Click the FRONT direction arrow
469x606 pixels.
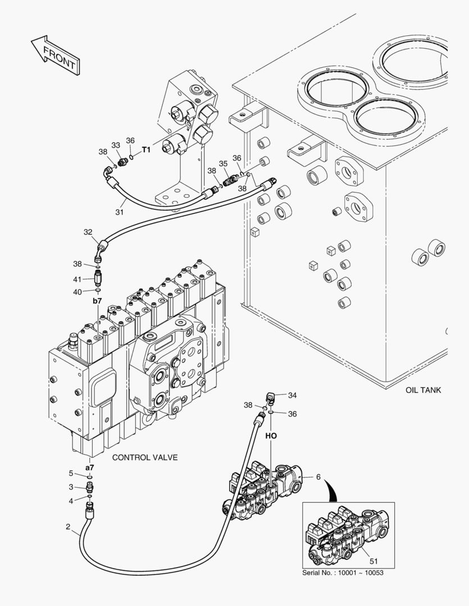(55, 56)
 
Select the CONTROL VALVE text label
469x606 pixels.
(145, 457)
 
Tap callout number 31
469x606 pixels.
(119, 212)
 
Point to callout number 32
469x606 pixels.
(88, 232)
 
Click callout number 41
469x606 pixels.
(78, 278)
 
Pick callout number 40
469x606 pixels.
(78, 291)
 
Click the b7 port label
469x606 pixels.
(97, 301)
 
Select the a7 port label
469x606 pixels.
(89, 467)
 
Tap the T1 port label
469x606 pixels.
(146, 150)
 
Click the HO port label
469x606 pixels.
(271, 435)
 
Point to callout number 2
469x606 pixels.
(68, 527)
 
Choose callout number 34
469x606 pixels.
(292, 395)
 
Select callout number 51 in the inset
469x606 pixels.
(374, 560)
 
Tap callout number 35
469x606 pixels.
(223, 163)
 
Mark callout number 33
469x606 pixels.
(116, 145)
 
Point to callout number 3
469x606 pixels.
(71, 486)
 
